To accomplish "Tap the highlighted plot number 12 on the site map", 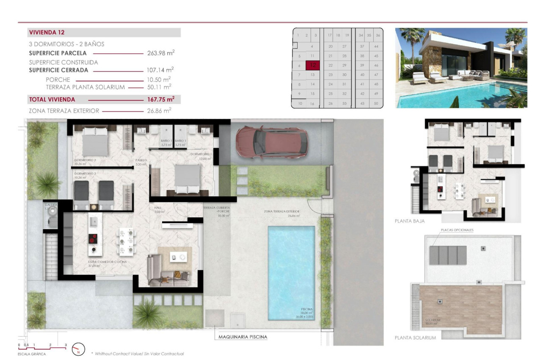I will [x=312, y=65].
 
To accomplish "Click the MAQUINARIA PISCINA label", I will [x=243, y=337].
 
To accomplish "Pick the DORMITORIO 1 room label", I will [x=201, y=154].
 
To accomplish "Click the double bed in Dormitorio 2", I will [x=95, y=141].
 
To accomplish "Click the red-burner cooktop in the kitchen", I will [x=93, y=239].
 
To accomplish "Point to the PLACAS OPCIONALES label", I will [x=457, y=230].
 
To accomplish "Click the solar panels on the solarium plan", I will [x=448, y=255].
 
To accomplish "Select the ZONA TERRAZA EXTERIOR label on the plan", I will [x=281, y=211].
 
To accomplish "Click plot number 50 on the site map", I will [x=376, y=103].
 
